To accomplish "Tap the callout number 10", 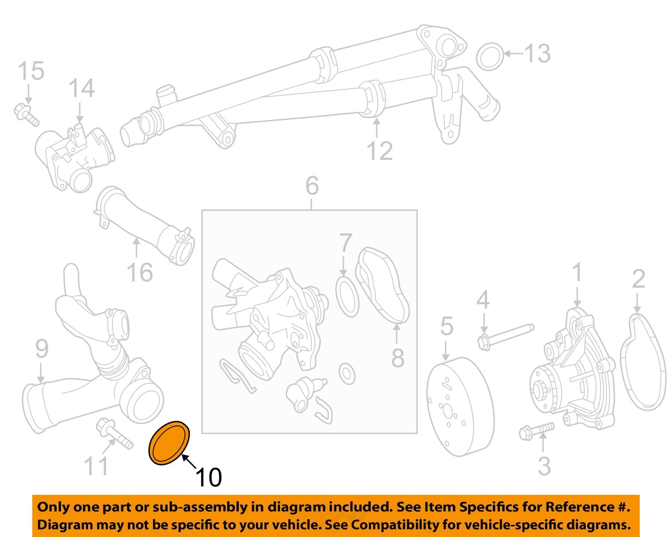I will click(208, 477).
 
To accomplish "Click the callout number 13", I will click(537, 53).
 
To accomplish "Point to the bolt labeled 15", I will click(27, 114).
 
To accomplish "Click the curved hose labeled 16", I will click(148, 229).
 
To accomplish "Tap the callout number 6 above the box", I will click(312, 185).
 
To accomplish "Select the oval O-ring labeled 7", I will click(347, 297).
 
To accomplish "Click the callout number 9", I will click(42, 349).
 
